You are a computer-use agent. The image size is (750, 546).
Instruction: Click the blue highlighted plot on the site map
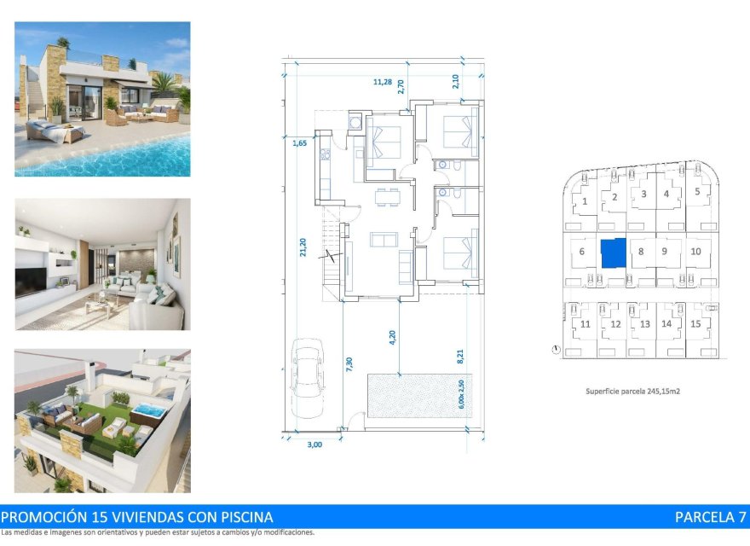pyautogui.click(x=613, y=253)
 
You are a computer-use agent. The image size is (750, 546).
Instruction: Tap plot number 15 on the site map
pyautogui.click(x=695, y=324)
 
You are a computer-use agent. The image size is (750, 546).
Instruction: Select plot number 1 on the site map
pyautogui.click(x=585, y=202)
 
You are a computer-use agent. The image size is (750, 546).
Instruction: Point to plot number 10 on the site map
pyautogui.click(x=695, y=252)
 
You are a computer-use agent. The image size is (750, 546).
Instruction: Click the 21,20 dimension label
pyautogui.click(x=304, y=247)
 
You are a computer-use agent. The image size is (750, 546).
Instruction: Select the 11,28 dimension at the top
pyautogui.click(x=383, y=82)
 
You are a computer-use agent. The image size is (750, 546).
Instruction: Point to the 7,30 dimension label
pyautogui.click(x=350, y=364)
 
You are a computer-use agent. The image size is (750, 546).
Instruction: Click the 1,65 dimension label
pyautogui.click(x=299, y=143)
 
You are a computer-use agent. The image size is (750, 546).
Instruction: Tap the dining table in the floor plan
pyautogui.click(x=387, y=198)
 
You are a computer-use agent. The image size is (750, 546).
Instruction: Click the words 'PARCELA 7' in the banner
pyautogui.click(x=710, y=517)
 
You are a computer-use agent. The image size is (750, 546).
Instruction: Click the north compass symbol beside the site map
pyautogui.click(x=556, y=349)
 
